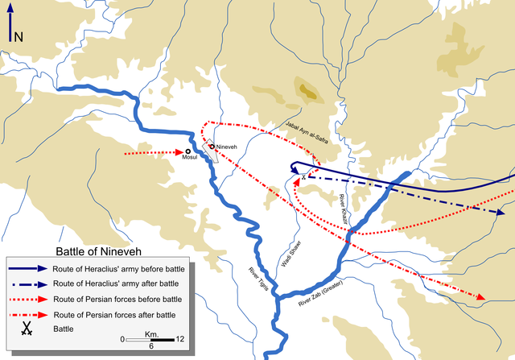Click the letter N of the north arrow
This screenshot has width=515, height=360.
(x=19, y=36)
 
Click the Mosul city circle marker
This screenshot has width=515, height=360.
(x=187, y=151)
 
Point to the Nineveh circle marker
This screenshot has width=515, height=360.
(x=212, y=146)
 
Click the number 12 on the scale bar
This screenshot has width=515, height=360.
(x=179, y=339)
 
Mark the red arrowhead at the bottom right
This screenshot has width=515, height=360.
(x=481, y=298)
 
